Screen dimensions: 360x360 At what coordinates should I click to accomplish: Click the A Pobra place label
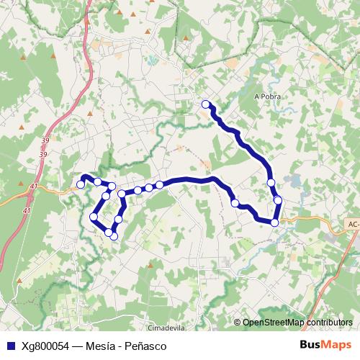266,96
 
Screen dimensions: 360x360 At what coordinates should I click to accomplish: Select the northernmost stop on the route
206,104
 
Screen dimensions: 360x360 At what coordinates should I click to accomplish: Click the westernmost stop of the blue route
81,184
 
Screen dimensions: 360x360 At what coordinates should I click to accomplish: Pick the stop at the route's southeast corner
274,222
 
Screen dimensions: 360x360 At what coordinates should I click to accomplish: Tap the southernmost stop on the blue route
113,236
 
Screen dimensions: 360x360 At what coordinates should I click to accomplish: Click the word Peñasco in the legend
143,345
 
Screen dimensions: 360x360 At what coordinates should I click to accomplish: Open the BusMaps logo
325,345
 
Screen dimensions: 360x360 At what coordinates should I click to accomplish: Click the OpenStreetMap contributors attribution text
297,323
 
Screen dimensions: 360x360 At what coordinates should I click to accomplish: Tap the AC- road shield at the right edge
352,224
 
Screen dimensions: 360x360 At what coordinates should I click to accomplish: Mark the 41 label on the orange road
34,186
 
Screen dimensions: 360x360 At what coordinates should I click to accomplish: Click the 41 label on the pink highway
27,210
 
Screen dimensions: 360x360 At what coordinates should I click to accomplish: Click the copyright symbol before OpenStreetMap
237,323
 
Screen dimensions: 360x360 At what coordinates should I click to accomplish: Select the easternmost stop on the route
278,199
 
